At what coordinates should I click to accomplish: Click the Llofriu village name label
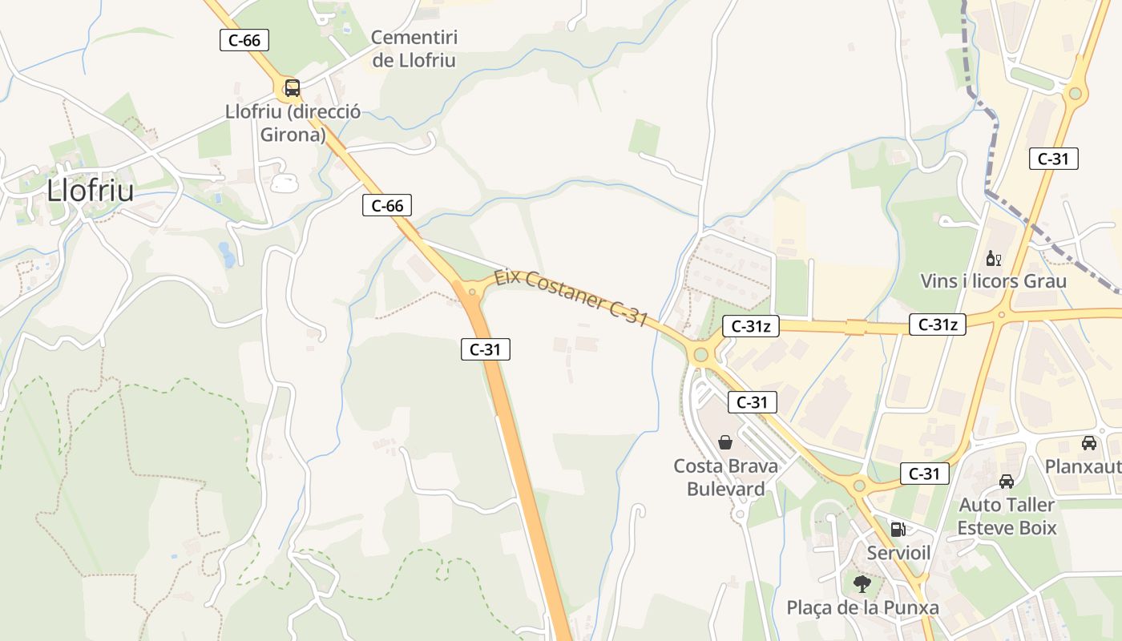click(x=90, y=191)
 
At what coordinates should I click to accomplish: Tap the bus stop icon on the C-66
click(x=292, y=87)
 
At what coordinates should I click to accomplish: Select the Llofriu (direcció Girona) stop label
click(x=293, y=123)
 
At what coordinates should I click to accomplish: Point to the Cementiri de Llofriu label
click(x=414, y=49)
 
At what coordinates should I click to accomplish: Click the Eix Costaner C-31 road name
click(x=571, y=297)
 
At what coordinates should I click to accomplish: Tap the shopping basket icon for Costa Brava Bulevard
click(x=724, y=441)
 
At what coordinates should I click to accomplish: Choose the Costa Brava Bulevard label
click(x=725, y=477)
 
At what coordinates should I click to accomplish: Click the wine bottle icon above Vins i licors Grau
click(x=993, y=258)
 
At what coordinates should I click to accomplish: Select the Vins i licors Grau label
click(x=993, y=281)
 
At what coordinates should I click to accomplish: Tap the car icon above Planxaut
click(x=1088, y=442)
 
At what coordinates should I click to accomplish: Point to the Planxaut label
click(x=1083, y=466)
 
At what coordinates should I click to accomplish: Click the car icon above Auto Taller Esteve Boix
click(x=1007, y=482)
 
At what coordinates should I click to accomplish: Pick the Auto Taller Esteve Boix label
click(x=1007, y=516)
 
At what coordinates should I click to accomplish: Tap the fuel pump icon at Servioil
click(x=898, y=529)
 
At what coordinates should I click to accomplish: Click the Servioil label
click(x=898, y=552)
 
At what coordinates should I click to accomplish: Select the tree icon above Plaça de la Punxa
click(x=862, y=583)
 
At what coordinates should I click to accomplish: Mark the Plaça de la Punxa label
click(x=862, y=607)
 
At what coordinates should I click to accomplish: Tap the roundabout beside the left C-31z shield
click(x=701, y=353)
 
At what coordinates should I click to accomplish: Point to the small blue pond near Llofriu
click(x=228, y=255)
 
